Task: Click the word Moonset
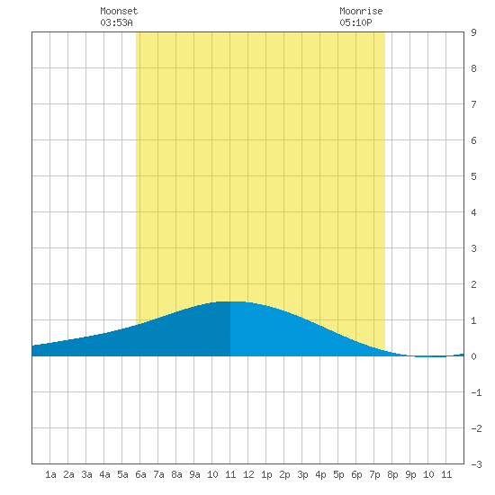click(119, 11)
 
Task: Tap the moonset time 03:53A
click(116, 22)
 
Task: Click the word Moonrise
click(361, 11)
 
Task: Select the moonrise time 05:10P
click(355, 22)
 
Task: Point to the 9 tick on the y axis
click(473, 32)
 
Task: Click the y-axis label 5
click(473, 176)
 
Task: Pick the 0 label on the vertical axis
click(473, 356)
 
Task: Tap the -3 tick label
click(477, 464)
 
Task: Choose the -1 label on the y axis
click(477, 392)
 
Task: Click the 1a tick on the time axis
click(50, 474)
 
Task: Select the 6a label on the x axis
click(140, 474)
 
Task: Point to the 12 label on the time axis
click(248, 474)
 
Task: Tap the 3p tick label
click(302, 474)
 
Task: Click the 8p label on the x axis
click(392, 474)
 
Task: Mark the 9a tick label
click(194, 474)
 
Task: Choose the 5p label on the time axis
click(338, 474)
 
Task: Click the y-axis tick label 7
click(473, 104)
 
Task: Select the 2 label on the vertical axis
click(473, 284)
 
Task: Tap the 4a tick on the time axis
click(104, 474)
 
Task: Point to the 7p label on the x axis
click(374, 474)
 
